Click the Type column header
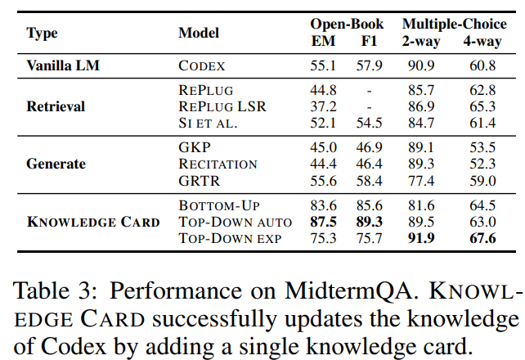[42, 34]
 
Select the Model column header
[199, 33]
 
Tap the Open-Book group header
[347, 24]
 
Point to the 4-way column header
[482, 41]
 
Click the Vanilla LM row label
[63, 65]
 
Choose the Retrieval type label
[56, 106]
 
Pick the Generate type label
[56, 164]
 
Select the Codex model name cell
[201, 65]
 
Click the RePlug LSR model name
[222, 106]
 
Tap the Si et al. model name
[208, 123]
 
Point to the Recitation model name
[218, 164]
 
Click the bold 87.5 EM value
[323, 222]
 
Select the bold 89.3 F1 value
[369, 222]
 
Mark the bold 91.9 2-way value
[421, 238]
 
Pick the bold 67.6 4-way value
[482, 238]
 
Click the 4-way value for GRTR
[482, 181]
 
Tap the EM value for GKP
[323, 147]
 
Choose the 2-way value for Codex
[421, 65]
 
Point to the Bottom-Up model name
[219, 205]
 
